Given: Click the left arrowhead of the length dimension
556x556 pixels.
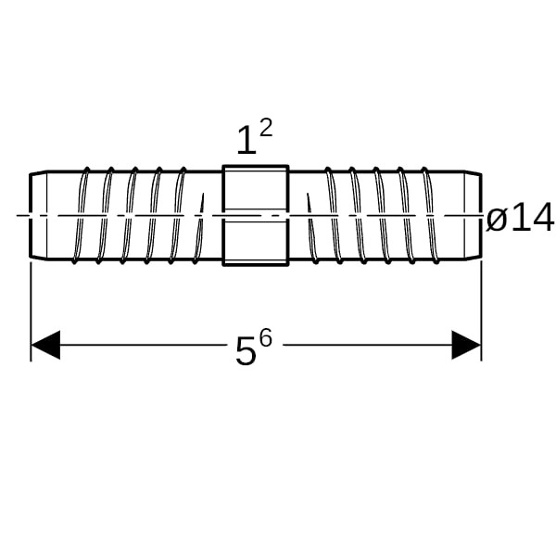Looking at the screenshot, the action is pyautogui.click(x=45, y=345).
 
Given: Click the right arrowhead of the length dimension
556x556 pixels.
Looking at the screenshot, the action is pyautogui.click(x=466, y=345).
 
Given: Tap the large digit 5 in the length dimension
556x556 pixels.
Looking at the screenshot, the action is pyautogui.click(x=246, y=350).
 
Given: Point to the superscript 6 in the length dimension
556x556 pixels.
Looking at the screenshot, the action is pyautogui.click(x=266, y=337).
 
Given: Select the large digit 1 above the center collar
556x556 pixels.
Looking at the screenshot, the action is pyautogui.click(x=246, y=140).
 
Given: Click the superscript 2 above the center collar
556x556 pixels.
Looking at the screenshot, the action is pyautogui.click(x=266, y=128).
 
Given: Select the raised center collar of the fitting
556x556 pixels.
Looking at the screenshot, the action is pyautogui.click(x=256, y=215).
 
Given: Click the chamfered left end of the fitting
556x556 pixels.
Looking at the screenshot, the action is pyautogui.click(x=38, y=216).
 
